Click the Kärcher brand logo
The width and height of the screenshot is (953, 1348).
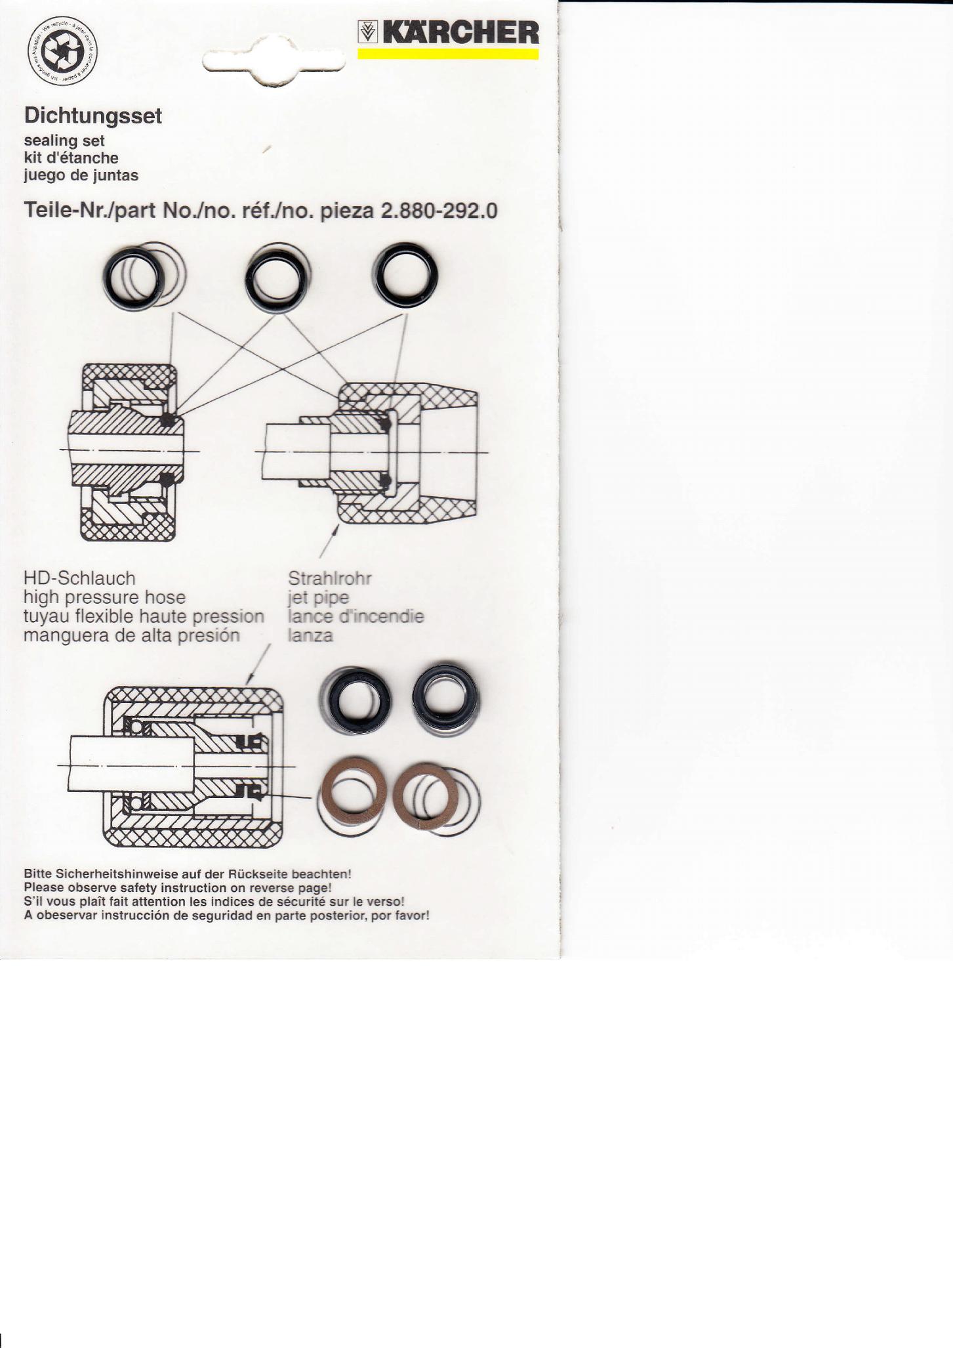pos(449,32)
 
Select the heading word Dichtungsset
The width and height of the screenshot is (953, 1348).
pos(92,116)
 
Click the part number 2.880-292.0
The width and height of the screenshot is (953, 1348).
pos(439,211)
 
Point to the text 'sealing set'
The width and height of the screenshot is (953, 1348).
pos(64,141)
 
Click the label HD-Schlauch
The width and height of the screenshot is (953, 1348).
pos(79,578)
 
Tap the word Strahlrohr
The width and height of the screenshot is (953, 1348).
pos(330,578)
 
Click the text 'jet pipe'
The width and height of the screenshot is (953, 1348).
pos(319,598)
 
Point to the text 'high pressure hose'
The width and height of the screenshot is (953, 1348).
pos(104,598)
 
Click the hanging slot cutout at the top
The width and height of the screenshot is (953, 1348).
pos(274,61)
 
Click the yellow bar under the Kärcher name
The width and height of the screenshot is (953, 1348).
pos(449,54)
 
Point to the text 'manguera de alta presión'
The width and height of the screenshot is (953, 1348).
pos(132,636)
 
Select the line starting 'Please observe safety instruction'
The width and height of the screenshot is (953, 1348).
pos(178,888)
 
